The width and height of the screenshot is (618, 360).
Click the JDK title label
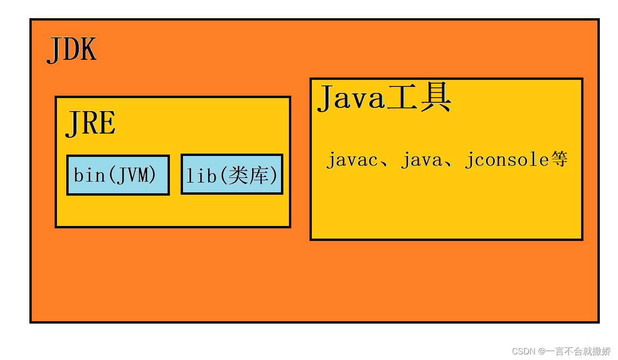point(72,49)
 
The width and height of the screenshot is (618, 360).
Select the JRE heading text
point(91,124)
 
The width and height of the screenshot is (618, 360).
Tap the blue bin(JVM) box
point(118,175)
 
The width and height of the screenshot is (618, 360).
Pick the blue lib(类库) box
point(232,175)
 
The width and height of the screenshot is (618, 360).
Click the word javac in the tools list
point(351,160)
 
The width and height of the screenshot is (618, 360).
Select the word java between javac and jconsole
point(421,160)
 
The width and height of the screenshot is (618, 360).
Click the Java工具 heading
point(384,99)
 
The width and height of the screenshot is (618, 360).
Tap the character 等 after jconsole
point(559,160)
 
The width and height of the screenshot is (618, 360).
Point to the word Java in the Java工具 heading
point(351,99)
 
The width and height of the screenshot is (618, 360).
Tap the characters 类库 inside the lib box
point(250,175)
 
